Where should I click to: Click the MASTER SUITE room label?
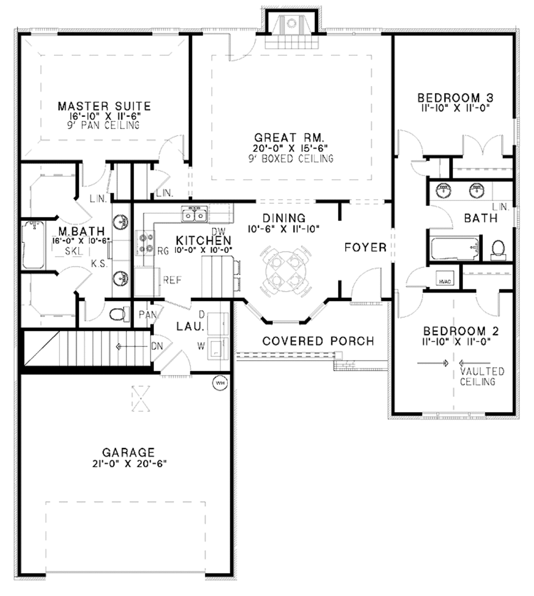[104, 106]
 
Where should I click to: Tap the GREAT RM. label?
[286, 138]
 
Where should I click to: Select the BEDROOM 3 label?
[456, 98]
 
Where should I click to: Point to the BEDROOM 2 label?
[461, 331]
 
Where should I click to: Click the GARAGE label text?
[128, 452]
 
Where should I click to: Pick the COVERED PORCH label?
[318, 341]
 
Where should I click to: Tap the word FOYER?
[366, 247]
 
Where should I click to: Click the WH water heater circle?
[220, 383]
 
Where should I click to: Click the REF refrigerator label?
[172, 280]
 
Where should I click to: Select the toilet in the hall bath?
[499, 249]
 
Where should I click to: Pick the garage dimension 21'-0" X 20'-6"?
[128, 463]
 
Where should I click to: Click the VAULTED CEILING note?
[482, 376]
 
